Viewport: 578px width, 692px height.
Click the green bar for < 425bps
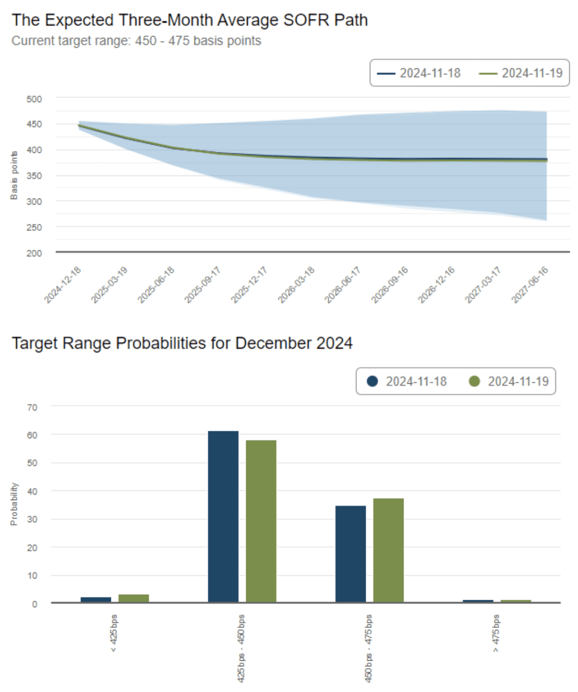(134, 598)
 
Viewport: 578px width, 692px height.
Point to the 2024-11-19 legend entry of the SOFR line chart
(521, 73)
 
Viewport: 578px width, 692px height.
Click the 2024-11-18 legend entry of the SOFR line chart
(419, 73)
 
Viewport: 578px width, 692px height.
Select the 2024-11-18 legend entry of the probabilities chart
(406, 382)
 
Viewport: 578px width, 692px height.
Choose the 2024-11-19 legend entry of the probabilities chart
(508, 382)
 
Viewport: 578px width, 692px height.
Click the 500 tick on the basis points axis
(34, 99)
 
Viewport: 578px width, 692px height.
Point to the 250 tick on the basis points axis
(34, 227)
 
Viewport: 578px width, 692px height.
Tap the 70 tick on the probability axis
(32, 407)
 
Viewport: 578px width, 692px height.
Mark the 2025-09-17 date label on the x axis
(203, 285)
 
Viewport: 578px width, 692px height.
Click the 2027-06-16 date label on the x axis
(530, 285)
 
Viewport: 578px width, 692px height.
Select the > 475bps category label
(496, 634)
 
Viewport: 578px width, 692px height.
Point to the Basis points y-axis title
(14, 175)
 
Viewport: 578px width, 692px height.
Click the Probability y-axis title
(14, 504)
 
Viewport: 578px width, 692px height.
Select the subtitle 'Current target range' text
(71, 41)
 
